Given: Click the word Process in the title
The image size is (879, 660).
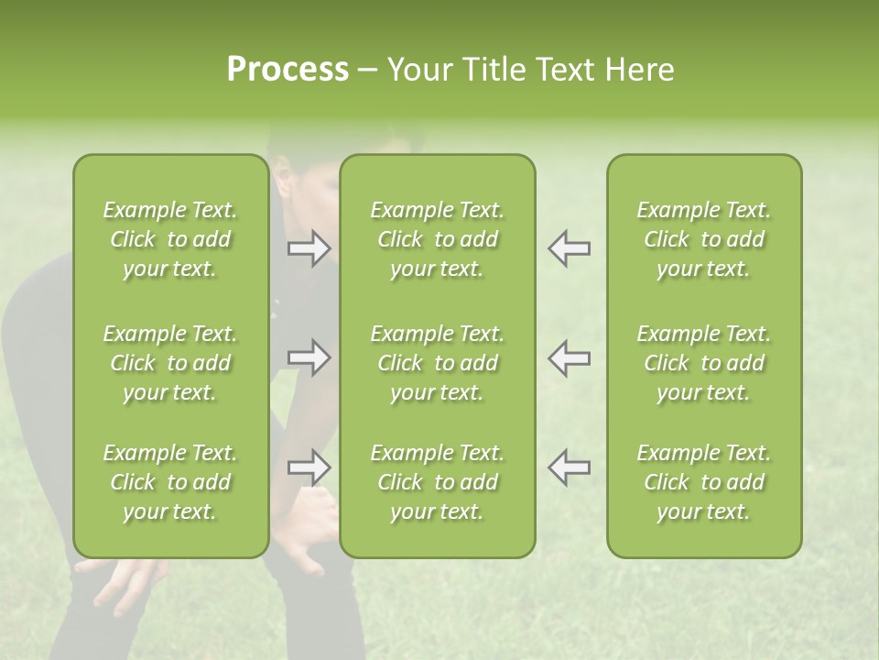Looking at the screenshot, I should click(288, 70).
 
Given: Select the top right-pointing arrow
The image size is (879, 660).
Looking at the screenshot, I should click(309, 248).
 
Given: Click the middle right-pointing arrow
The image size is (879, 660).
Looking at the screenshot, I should click(309, 357).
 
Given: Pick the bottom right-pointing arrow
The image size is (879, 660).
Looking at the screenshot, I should click(309, 467).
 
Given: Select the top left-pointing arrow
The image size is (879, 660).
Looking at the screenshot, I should click(570, 248).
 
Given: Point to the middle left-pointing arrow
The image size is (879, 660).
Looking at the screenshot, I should click(570, 357).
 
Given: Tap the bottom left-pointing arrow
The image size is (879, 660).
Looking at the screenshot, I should click(570, 467).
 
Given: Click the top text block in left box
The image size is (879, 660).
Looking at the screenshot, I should click(170, 239).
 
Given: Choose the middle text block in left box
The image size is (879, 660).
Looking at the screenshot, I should click(170, 363).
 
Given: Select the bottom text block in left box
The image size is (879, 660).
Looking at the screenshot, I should click(170, 482).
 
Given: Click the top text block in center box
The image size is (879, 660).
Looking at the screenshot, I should click(438, 239).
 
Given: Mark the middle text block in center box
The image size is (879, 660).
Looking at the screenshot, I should click(438, 363).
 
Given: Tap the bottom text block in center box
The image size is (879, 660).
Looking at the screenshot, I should click(438, 482).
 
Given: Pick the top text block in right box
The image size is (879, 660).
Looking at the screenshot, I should click(704, 239).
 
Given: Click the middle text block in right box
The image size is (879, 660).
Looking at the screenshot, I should click(704, 363).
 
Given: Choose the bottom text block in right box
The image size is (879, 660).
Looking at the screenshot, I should click(704, 482).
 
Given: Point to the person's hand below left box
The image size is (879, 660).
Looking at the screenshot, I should click(128, 582).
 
